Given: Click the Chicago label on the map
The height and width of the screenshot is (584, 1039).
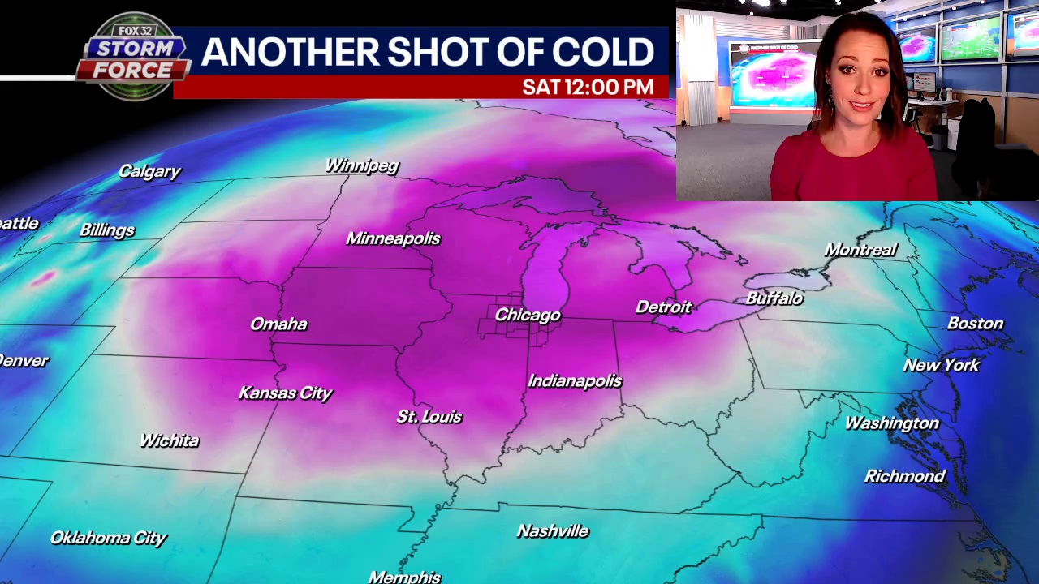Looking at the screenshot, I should coord(528,315).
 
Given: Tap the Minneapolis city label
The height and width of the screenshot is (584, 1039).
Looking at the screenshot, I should coord(393,238).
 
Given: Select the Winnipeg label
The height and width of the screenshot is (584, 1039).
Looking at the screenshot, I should coord(362,165).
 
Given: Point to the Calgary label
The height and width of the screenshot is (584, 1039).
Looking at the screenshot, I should coord(149,171).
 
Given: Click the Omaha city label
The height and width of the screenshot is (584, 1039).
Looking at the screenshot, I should coord(278,324).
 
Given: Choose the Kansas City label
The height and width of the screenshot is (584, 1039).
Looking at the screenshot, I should coord(285,393).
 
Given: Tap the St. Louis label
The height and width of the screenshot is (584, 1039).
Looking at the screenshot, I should coord(429,417).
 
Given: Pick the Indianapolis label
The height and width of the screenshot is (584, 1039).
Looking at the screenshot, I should coord(575,381).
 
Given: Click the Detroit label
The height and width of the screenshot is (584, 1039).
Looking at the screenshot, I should coord(663,307).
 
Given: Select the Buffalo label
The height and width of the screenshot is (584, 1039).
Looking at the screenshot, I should coord(774,298).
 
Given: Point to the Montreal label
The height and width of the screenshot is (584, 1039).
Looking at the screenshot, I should coord(860,250).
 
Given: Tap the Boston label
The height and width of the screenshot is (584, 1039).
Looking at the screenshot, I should coord(975,324).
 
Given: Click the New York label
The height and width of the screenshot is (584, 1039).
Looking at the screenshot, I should coord(942,365).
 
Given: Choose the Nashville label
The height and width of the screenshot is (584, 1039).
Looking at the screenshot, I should coord(552,531).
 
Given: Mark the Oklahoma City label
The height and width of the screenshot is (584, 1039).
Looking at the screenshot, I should coord(108,538).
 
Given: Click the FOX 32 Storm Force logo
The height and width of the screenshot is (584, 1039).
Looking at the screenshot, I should coord(132,57).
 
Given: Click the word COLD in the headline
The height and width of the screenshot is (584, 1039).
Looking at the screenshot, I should coord(603,52).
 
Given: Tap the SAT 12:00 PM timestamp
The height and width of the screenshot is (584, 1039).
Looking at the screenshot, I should coord(588,87).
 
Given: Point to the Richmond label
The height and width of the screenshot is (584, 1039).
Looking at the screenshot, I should coord(904,476).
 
